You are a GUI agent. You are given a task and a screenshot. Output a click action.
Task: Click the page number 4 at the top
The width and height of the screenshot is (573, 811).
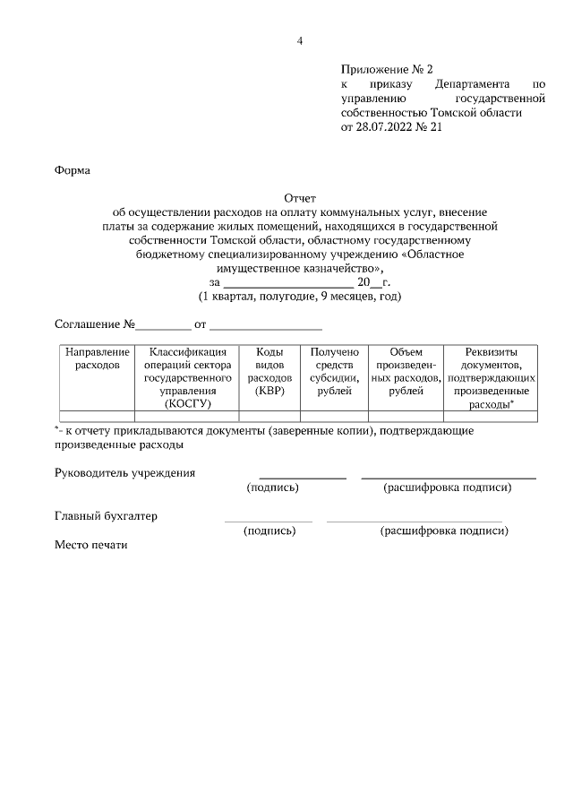(301, 40)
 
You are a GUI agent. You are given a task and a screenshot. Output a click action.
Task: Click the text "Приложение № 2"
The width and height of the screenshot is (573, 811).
(386, 69)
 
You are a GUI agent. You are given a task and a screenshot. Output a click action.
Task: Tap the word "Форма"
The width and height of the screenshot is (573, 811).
(73, 169)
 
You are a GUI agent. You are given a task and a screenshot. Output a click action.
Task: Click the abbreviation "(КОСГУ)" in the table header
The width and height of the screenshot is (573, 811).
(186, 404)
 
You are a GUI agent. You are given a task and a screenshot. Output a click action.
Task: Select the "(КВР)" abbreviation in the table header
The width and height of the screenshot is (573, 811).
(269, 391)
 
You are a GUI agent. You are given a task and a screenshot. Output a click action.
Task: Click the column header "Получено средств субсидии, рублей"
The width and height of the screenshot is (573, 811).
(334, 372)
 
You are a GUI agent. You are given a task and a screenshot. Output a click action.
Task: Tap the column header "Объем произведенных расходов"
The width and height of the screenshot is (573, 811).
(406, 372)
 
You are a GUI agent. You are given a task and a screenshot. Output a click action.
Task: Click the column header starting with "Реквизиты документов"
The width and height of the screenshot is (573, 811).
(492, 378)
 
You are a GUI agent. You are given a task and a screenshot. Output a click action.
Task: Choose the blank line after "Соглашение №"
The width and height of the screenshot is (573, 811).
(163, 324)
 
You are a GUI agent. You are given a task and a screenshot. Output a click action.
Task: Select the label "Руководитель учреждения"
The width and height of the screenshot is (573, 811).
(124, 472)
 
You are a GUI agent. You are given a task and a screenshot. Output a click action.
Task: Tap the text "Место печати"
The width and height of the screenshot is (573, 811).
(91, 544)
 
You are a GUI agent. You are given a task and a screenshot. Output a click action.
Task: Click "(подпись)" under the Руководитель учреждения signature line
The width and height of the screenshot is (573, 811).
(272, 487)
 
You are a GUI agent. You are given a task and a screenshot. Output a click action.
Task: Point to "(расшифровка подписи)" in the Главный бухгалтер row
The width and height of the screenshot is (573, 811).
(444, 531)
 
